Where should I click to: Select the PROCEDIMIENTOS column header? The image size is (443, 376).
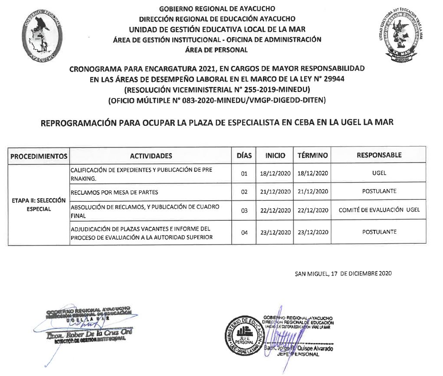39,156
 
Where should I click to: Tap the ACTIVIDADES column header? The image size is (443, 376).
151,156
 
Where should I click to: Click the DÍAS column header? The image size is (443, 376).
244,155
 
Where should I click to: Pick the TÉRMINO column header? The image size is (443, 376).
312,155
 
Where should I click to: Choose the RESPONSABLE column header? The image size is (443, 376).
379,155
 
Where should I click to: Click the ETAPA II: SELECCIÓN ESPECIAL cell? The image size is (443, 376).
39,205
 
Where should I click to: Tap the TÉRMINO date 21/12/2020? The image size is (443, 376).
312,191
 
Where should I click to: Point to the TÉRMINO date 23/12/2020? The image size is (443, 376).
312,232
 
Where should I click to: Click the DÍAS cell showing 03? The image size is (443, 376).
244,210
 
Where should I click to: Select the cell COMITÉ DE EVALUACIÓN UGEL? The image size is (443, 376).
379,210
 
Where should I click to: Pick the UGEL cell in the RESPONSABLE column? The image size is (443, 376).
379,173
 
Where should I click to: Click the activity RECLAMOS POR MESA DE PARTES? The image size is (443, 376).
115,192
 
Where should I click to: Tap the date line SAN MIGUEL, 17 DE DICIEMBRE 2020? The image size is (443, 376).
343,274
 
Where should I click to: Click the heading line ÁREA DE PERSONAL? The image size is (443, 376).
216,50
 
